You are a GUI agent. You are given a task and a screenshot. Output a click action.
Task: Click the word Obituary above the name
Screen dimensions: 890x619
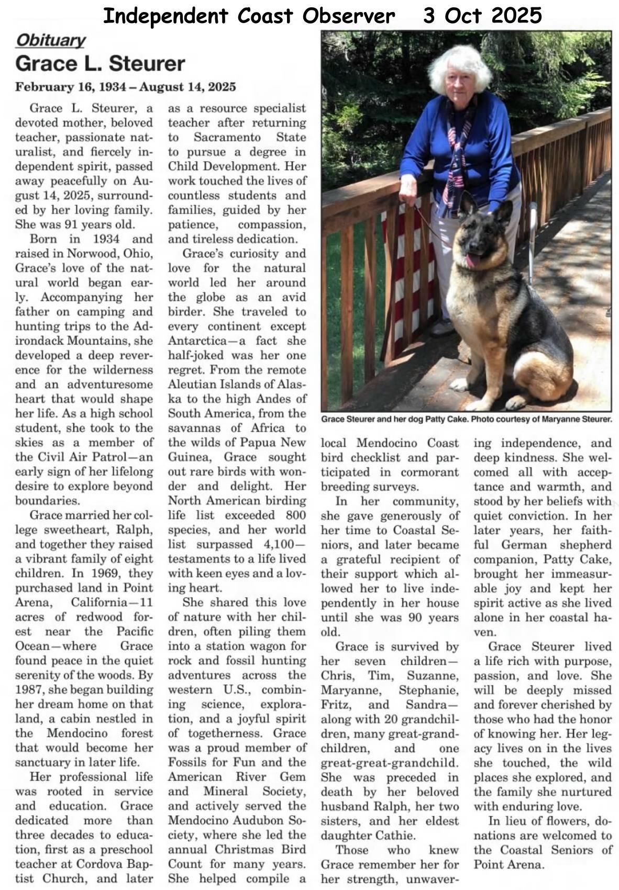[x=50, y=40]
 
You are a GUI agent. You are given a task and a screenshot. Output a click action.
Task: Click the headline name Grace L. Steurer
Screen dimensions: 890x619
[x=100, y=64]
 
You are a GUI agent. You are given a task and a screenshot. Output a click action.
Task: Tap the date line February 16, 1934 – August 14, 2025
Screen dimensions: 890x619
[x=125, y=87]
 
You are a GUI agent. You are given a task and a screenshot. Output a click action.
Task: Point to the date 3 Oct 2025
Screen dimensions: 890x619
[x=482, y=16]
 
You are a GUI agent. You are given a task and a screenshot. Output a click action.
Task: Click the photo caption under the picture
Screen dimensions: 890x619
[x=466, y=420]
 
